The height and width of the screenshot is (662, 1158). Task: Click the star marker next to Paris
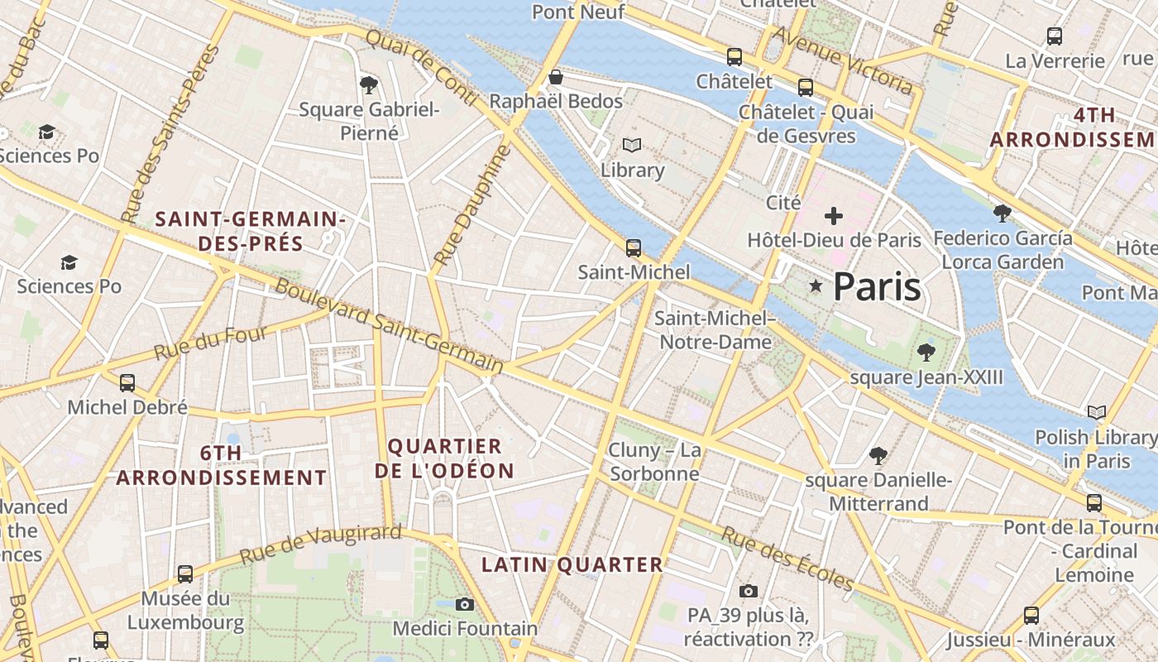[816, 286]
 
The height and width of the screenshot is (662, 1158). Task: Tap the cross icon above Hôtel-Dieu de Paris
[834, 217]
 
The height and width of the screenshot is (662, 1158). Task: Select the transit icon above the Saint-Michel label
[634, 247]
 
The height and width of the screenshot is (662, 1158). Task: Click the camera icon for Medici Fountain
[465, 604]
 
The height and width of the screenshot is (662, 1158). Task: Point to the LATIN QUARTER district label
[572, 565]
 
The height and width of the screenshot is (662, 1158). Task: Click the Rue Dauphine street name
[469, 206]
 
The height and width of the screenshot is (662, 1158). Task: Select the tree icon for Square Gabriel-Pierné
[369, 84]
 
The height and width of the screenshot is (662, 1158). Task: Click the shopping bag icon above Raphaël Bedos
[556, 78]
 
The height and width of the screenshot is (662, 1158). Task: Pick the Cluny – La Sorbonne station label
[654, 462]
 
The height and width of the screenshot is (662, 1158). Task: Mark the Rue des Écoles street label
[787, 559]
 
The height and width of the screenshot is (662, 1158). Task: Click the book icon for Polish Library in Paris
[1097, 412]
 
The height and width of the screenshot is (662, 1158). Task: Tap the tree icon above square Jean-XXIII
[926, 353]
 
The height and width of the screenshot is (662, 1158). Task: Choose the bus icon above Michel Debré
[127, 382]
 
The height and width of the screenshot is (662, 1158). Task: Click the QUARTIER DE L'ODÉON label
[444, 458]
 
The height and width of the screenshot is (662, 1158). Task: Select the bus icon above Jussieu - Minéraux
[1031, 615]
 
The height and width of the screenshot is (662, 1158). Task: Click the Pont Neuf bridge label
[578, 12]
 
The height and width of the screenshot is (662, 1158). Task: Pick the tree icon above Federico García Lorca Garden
[1002, 213]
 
